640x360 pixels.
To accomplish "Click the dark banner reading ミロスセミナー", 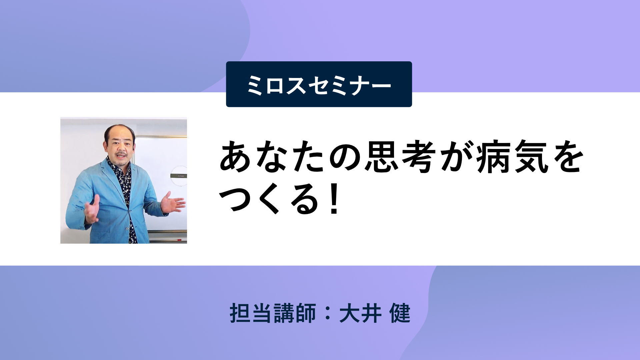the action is click(x=319, y=84).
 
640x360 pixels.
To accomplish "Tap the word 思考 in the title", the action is click(x=400, y=157).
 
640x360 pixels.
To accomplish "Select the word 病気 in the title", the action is click(x=512, y=157).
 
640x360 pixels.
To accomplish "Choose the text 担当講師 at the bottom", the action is click(x=273, y=313).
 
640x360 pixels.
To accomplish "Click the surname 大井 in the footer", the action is click(x=360, y=313).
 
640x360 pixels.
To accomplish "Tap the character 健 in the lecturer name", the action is click(x=400, y=313).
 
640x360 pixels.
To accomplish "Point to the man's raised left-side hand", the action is click(x=92, y=210).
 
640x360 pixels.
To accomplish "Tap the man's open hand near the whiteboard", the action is click(x=172, y=202).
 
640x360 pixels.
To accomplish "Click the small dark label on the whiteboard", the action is click(x=179, y=176).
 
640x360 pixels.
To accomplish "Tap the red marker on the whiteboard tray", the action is click(x=179, y=240).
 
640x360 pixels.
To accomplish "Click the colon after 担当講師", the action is click(x=328, y=313).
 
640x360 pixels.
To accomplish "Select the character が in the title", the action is click(x=456, y=157).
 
